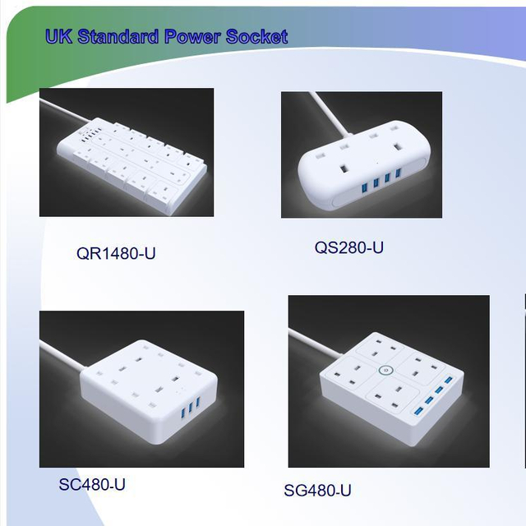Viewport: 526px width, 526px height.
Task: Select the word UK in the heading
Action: click(x=57, y=37)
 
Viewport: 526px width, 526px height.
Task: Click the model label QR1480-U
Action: click(x=116, y=253)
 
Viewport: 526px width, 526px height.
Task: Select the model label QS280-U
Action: click(x=348, y=247)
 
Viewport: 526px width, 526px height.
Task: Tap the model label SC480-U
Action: click(x=92, y=485)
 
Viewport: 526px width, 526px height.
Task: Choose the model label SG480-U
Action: click(x=317, y=491)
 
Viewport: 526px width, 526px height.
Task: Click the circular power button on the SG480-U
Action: click(x=384, y=371)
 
